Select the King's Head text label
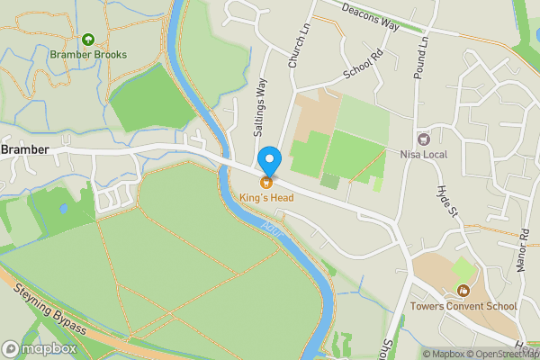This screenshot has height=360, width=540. coord(266,197)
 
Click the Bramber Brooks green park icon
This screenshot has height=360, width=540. coord(88,40)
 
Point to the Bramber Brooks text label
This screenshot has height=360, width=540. coord(88,55)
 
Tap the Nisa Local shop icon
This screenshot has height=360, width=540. coord(424,138)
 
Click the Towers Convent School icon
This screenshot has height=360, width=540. coord(463,290)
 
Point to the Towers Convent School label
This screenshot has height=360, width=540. coord(463,306)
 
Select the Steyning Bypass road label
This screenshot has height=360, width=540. coord(50,310)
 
